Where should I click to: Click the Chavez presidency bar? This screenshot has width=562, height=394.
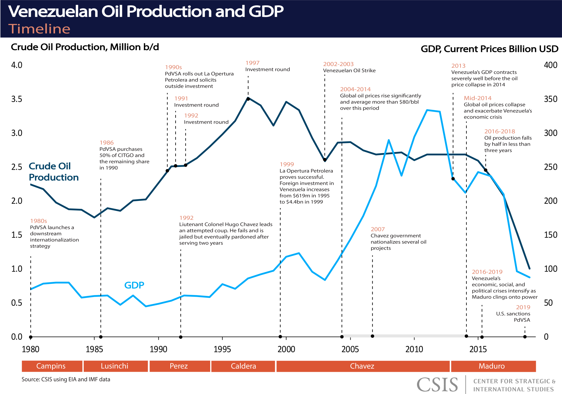[x=362, y=366]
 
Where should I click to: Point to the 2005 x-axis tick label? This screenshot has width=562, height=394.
[x=350, y=349]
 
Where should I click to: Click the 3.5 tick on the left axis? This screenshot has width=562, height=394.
[x=17, y=99]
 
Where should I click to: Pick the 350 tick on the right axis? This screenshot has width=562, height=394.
[x=550, y=99]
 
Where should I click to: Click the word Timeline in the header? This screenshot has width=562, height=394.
[x=39, y=29]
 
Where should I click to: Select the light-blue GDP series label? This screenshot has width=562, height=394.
[x=134, y=285]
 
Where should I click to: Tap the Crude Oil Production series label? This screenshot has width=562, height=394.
[x=53, y=172]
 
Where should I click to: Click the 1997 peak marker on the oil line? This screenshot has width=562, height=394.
[x=248, y=99]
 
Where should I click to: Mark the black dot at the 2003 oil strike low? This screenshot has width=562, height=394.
[x=325, y=160]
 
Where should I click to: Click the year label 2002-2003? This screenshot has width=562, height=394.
[x=338, y=64]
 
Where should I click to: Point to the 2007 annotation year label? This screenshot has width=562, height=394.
[x=377, y=229]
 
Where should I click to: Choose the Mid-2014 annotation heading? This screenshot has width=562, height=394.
[x=477, y=98]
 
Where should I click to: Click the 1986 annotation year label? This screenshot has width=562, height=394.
[x=106, y=143]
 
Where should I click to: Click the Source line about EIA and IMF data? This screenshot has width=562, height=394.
[x=66, y=379]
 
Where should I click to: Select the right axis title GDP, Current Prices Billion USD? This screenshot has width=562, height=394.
[x=489, y=49]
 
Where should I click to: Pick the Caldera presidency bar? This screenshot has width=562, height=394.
[x=243, y=366]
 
